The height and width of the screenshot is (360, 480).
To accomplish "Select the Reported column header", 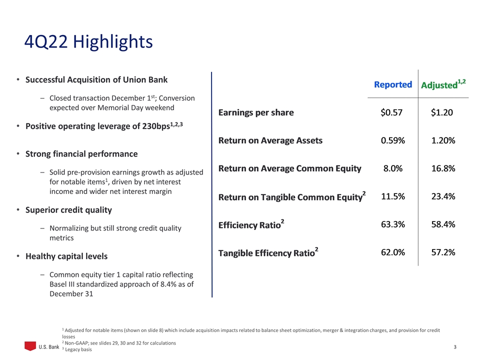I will click(x=393, y=84).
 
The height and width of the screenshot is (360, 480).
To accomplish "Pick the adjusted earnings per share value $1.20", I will click(x=442, y=112).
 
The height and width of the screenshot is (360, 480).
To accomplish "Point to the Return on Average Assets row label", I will click(x=270, y=140).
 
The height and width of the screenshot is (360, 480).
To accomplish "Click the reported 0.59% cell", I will click(x=392, y=140).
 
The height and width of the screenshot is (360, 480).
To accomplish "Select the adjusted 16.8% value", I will click(x=442, y=168).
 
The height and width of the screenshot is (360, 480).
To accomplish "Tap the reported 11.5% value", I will click(x=392, y=196).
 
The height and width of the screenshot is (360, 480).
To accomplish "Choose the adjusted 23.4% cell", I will click(x=442, y=196).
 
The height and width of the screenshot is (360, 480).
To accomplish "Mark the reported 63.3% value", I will click(x=392, y=224).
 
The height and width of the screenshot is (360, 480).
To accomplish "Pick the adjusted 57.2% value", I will click(x=442, y=252).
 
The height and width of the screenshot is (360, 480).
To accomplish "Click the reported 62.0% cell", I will click(x=392, y=252).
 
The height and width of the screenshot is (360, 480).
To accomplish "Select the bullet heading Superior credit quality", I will click(x=68, y=209).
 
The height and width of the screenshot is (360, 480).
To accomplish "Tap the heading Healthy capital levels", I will click(x=66, y=256).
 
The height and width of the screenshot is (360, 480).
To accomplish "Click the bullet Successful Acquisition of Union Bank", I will click(x=96, y=79).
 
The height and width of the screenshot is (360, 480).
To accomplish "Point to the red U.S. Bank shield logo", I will click(x=31, y=346).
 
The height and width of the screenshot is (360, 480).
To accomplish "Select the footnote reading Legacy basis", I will click(x=78, y=349).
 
